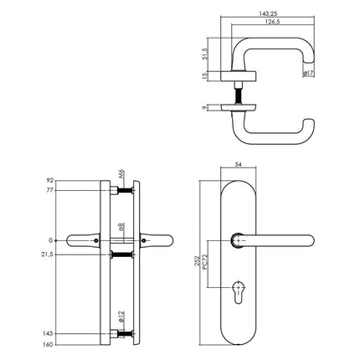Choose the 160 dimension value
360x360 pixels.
pos(50,343)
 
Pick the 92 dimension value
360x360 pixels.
pos(52,179)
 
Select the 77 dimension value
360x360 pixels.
pos(52,191)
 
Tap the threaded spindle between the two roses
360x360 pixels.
pos(249,95)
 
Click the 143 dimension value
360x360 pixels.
pos(50,332)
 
